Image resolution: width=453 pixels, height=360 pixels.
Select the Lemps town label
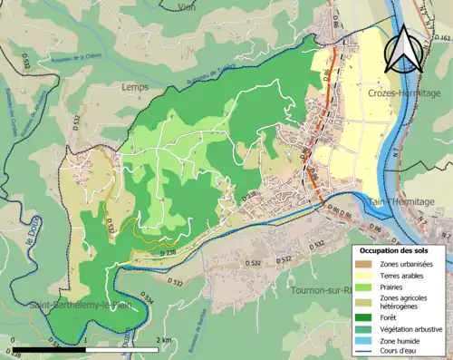point(133,87)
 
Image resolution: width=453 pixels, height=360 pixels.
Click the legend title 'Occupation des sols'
point(396,250)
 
